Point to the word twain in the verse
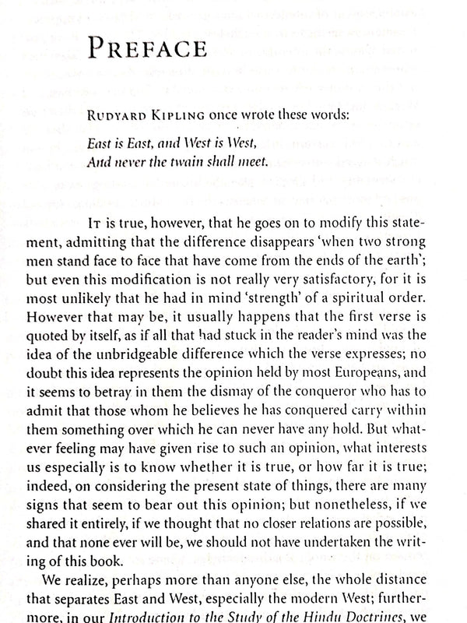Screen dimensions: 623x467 205,163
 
